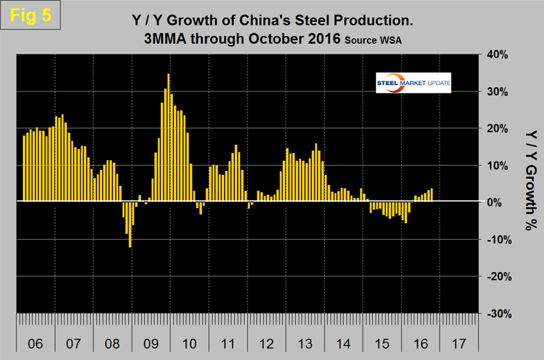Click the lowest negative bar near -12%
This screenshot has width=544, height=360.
[x=130, y=224]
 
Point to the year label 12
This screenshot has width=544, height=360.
[x=267, y=345]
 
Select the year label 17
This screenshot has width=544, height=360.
[x=460, y=345]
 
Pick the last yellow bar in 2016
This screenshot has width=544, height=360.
[x=432, y=195]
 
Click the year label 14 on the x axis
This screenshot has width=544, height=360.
[x=343, y=345]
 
